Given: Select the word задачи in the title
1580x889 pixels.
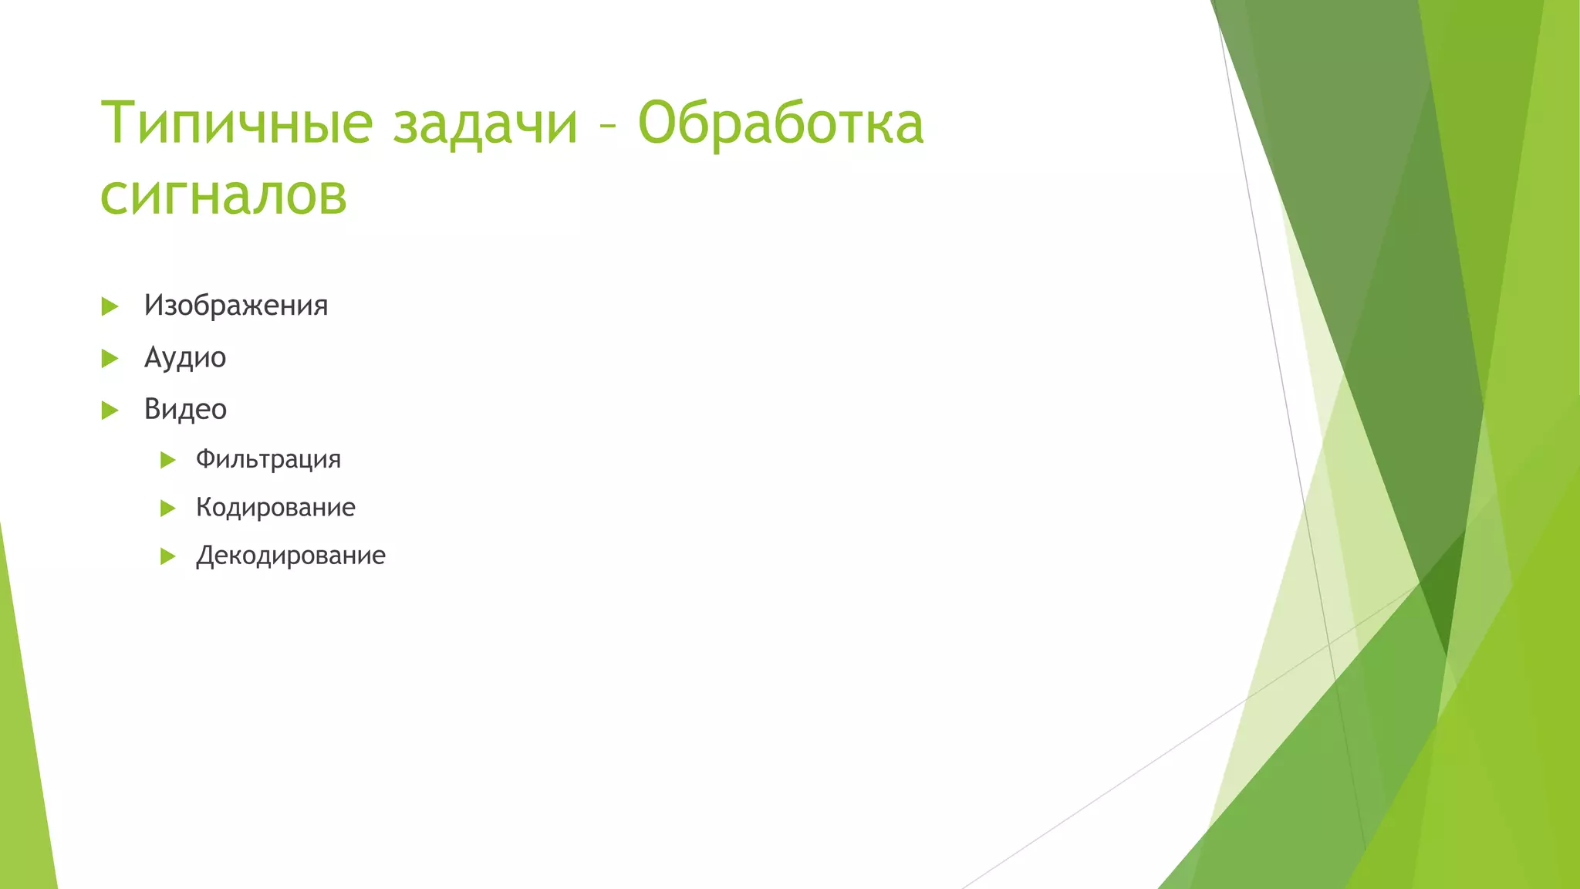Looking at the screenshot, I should click(x=485, y=123).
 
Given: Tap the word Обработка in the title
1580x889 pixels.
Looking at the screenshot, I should click(x=780, y=123).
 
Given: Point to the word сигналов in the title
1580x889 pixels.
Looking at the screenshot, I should click(x=224, y=194).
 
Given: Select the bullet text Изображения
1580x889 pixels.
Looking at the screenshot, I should click(x=236, y=306).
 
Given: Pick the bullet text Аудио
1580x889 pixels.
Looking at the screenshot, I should click(x=185, y=357).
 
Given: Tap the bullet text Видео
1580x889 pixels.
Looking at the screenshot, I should click(x=185, y=409).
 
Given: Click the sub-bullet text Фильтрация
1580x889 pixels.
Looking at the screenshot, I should click(x=268, y=459).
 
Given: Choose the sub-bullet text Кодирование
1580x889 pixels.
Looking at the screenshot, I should click(x=275, y=507).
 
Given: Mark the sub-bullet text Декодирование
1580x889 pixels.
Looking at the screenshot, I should click(x=290, y=556).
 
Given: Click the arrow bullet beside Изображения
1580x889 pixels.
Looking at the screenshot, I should click(x=110, y=306).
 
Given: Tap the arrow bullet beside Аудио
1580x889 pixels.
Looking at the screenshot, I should click(x=110, y=358).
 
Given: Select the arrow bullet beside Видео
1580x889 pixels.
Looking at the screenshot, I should click(x=110, y=410).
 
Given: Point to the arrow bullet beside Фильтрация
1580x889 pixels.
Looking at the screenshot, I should click(x=167, y=461).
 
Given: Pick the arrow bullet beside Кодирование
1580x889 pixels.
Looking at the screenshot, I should click(x=167, y=509).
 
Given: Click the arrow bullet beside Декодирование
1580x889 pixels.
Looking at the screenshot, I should click(x=167, y=556).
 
